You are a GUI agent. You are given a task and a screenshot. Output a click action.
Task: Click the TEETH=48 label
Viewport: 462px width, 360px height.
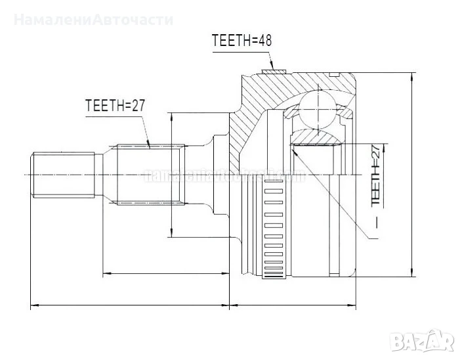241,40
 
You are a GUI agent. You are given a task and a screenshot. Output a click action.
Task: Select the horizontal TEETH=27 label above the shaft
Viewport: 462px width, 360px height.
115,106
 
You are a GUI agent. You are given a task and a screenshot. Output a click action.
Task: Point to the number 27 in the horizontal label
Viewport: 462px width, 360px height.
137,106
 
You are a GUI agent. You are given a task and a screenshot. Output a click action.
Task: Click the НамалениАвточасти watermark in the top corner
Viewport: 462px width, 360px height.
93,19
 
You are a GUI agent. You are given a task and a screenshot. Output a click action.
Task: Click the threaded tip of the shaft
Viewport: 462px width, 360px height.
63,174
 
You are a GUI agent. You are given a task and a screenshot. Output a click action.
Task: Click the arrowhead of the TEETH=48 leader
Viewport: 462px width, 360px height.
276,66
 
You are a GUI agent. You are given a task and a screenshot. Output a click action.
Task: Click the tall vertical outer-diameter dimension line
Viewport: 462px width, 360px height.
412,174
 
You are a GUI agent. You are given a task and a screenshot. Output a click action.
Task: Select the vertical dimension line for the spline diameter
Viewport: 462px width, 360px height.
171,174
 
